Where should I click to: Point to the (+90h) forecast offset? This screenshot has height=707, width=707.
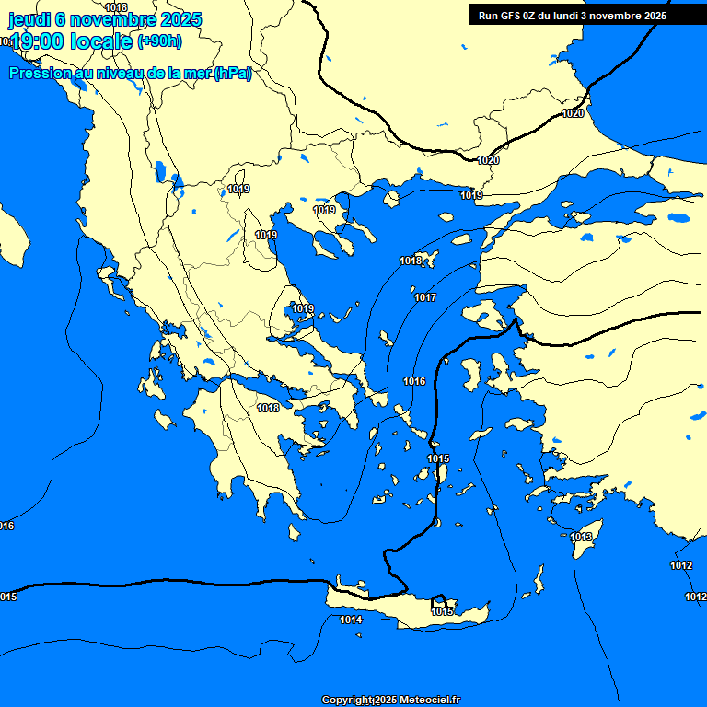pos(159,41)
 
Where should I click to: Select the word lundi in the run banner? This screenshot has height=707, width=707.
pos(574,15)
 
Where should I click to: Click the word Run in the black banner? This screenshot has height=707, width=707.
pos(489,15)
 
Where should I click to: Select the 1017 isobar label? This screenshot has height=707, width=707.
pos(424,297)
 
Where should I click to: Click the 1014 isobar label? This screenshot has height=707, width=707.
pos(351,620)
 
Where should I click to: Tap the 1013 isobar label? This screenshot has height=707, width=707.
pos(580,537)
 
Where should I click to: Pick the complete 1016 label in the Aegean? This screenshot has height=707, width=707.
pos(414,381)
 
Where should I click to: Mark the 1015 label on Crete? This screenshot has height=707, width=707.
pos(443,611)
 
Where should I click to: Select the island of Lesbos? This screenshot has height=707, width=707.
pos(482,313)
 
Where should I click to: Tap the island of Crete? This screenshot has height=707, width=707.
pos(405,608)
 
